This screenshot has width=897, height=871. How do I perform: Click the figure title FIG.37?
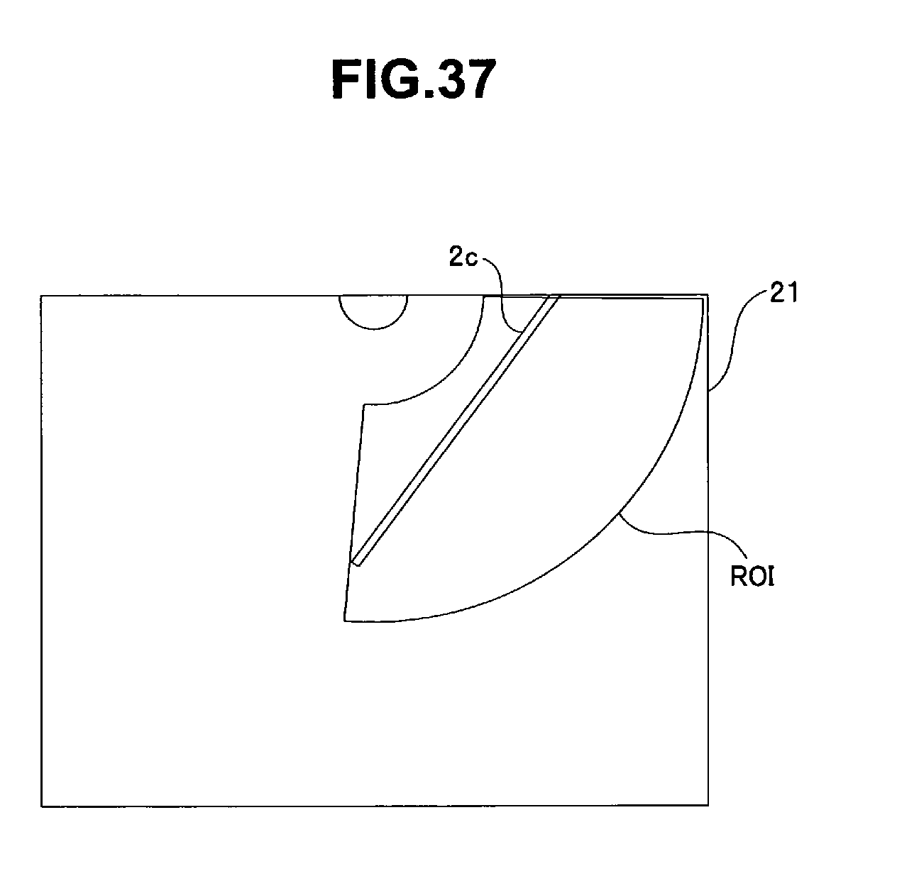click(x=411, y=79)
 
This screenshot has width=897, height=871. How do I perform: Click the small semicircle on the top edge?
click(x=373, y=312)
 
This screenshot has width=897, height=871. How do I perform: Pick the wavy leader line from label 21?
click(x=738, y=340)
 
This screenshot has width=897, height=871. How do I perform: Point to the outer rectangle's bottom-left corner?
click(x=42, y=805)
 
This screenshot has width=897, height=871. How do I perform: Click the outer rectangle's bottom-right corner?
click(x=708, y=804)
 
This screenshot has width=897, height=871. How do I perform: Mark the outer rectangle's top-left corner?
click(x=42, y=296)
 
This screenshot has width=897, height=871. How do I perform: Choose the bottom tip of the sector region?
click(x=345, y=621)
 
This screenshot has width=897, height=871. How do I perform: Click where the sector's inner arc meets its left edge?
click(x=364, y=405)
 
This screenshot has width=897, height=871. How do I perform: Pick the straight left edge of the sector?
click(x=354, y=511)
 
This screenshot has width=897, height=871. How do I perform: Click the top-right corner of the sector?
click(x=703, y=298)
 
